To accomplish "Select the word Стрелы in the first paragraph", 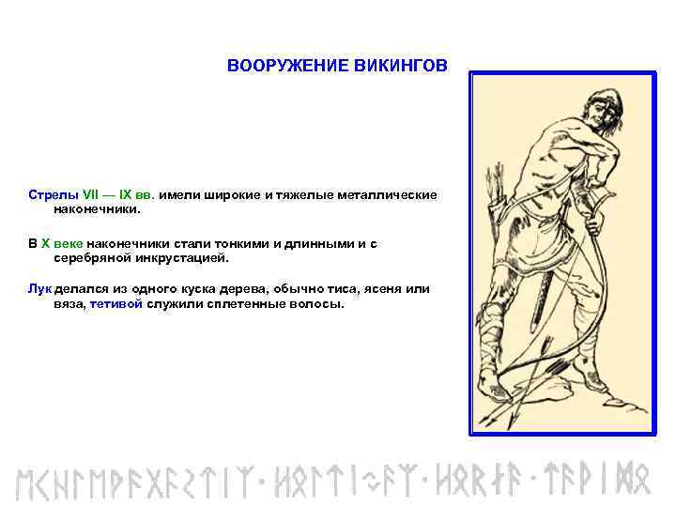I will [x=49, y=195].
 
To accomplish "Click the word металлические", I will [x=387, y=195].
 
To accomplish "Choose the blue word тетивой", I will [x=116, y=304].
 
